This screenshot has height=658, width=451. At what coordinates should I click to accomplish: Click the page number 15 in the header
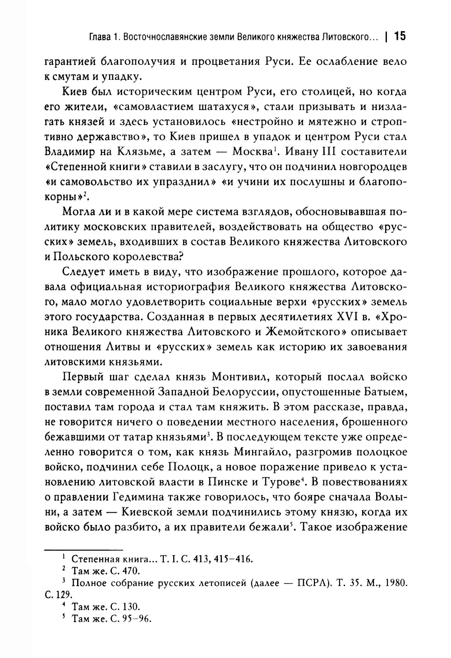click(400, 36)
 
